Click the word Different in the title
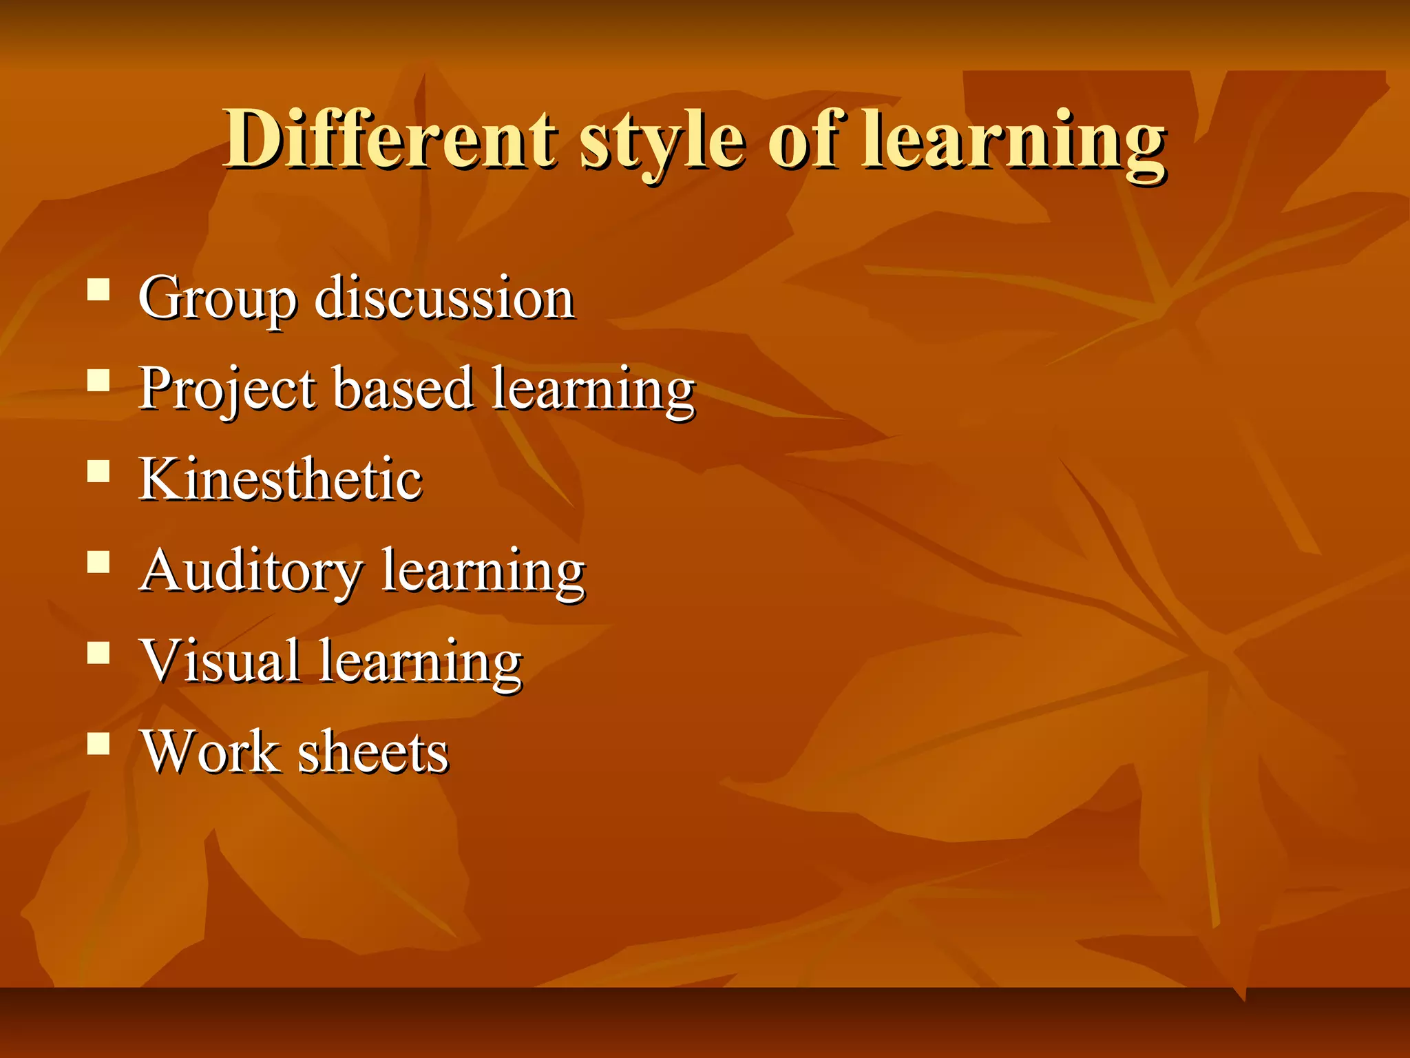click(x=390, y=139)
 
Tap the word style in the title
click(x=662, y=141)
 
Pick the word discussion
click(x=444, y=298)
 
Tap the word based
click(x=404, y=387)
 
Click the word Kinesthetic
click(x=280, y=479)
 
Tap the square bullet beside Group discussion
click(x=99, y=289)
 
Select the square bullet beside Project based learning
click(x=99, y=380)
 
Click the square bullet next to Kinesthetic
click(x=99, y=471)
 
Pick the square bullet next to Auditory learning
click(x=99, y=562)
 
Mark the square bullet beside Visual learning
click(x=99, y=652)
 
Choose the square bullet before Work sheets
click(x=99, y=744)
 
